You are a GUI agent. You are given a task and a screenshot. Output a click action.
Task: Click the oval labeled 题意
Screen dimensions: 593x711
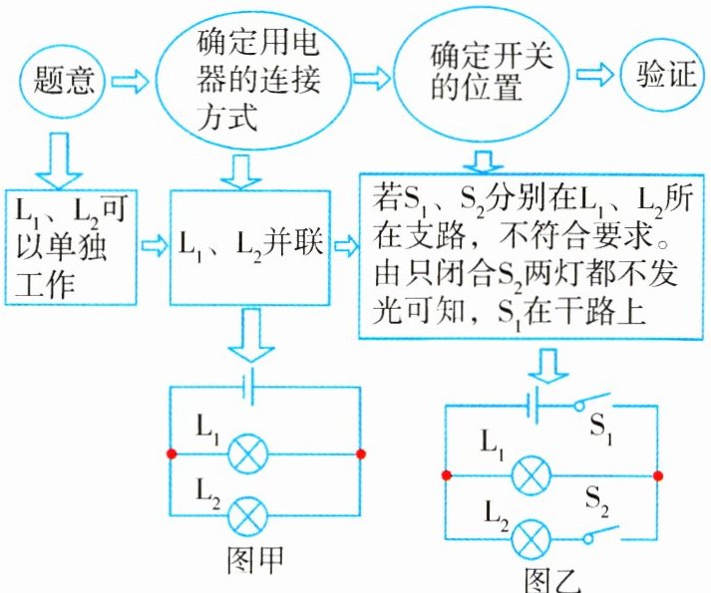63,79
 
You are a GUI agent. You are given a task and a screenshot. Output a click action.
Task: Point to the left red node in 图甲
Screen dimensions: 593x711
172,454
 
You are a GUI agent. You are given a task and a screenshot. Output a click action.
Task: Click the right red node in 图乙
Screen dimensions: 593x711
657,475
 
